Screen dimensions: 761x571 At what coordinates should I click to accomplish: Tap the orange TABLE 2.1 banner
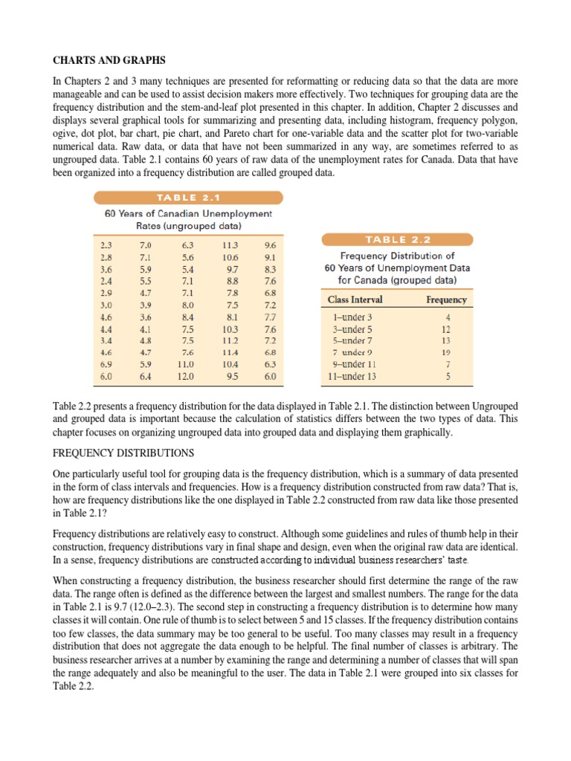pyautogui.click(x=187, y=198)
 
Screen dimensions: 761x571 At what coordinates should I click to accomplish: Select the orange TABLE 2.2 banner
pyautogui.click(x=397, y=239)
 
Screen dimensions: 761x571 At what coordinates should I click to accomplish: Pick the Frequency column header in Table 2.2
pyautogui.click(x=447, y=300)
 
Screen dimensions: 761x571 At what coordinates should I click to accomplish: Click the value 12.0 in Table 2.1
pyautogui.click(x=184, y=377)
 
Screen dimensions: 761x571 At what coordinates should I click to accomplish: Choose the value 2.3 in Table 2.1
pyautogui.click(x=106, y=245)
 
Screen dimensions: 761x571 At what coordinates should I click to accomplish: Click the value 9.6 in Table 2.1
pyautogui.click(x=270, y=245)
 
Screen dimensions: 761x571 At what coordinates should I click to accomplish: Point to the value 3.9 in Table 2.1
pyautogui.click(x=146, y=305)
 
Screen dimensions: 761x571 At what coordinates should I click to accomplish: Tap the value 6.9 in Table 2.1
pyautogui.click(x=106, y=365)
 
